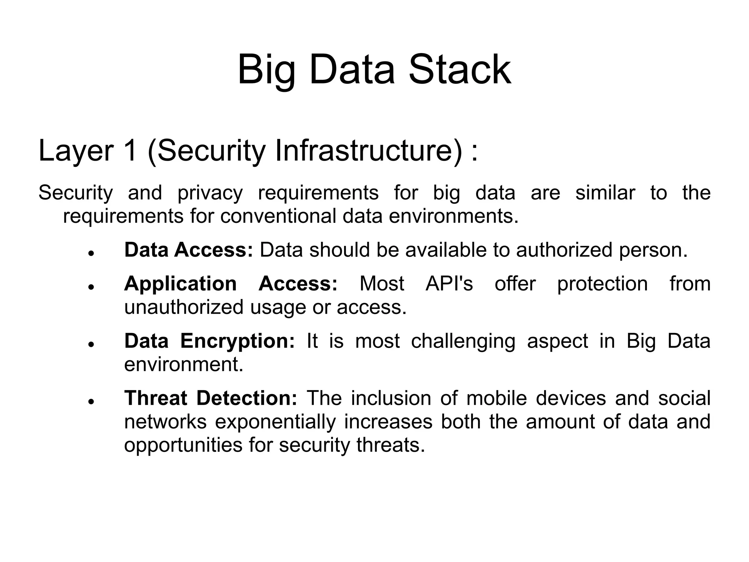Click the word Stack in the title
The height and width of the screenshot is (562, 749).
(459, 70)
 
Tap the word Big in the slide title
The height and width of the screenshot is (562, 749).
(266, 70)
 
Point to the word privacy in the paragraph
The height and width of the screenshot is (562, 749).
(210, 193)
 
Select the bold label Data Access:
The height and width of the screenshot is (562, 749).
(188, 250)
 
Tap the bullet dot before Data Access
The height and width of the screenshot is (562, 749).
(92, 253)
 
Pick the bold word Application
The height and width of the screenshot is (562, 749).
(180, 284)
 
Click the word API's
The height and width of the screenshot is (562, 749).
(449, 284)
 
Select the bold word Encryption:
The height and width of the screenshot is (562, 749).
(237, 341)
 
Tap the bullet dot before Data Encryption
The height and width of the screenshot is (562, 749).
(92, 344)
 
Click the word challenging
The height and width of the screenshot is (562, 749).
(463, 341)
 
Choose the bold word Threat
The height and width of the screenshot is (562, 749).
(156, 398)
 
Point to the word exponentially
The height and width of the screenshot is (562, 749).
(275, 421)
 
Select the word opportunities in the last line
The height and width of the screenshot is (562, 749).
(183, 445)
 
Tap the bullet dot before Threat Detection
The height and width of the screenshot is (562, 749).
(92, 401)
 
